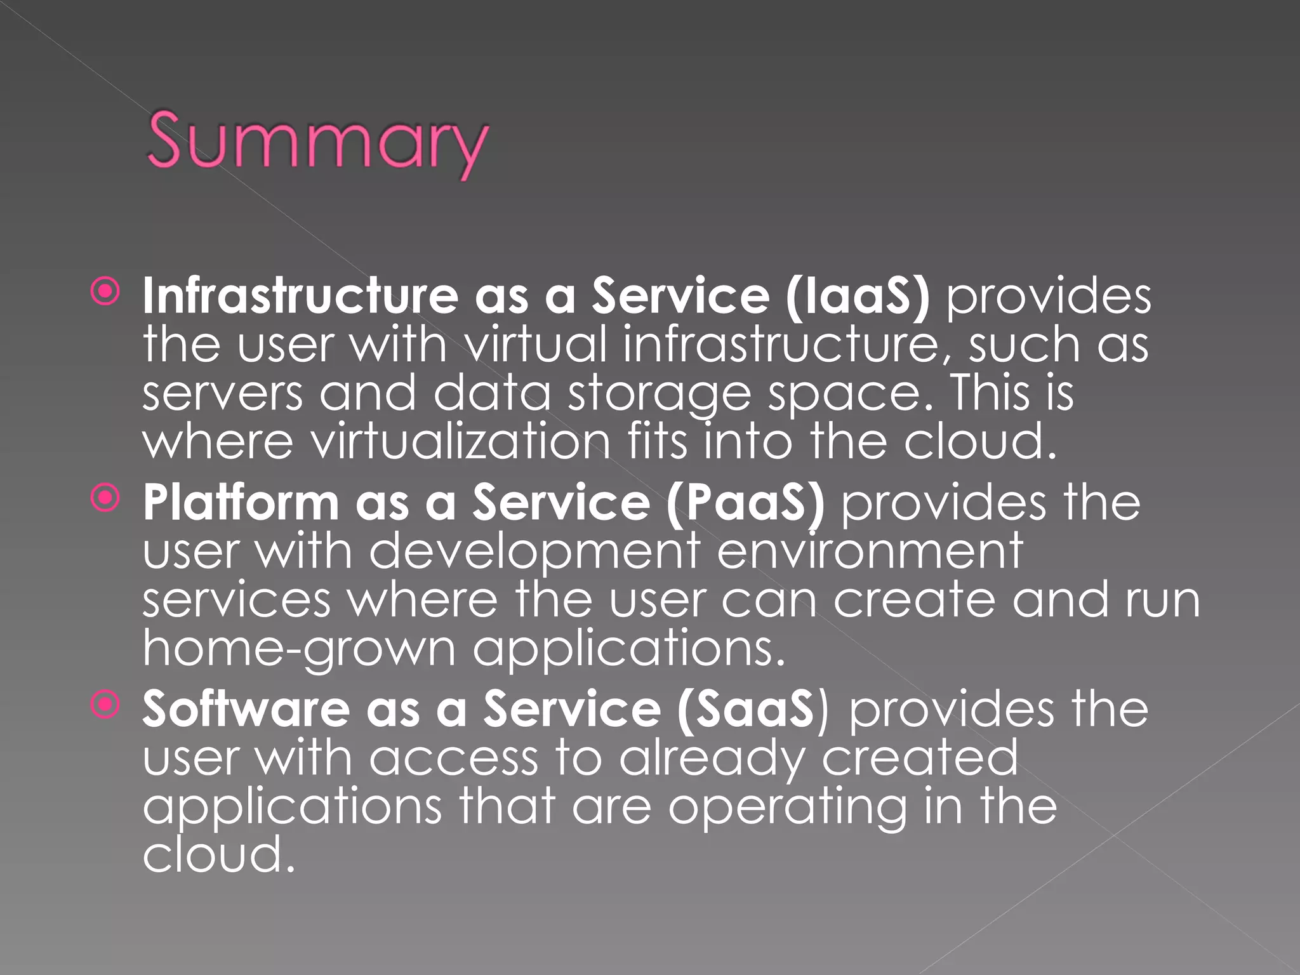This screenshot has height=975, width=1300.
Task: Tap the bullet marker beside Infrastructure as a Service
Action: pos(105,293)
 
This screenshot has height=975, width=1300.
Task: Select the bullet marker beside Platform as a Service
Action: pos(105,499)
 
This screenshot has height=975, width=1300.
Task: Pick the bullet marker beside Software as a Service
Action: pos(105,705)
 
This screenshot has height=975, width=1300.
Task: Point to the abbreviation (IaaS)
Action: pos(857,297)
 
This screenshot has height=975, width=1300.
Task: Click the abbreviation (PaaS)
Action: pos(745,503)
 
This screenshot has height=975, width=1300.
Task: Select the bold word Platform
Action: pos(241,503)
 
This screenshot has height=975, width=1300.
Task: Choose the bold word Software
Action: pos(246,709)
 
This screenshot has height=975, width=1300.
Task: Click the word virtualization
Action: pos(461,441)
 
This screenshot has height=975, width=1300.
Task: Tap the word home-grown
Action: pos(299,649)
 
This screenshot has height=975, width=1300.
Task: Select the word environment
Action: pos(870,551)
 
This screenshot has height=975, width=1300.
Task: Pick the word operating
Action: pos(788,807)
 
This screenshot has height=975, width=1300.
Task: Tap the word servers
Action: pos(222,394)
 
